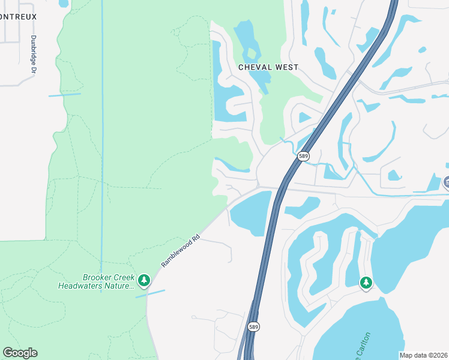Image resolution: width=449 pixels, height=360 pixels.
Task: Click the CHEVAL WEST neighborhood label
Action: [x=268, y=67]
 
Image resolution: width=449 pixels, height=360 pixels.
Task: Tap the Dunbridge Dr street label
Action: [x=34, y=54]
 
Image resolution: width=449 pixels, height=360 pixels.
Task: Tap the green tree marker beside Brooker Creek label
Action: [x=143, y=280]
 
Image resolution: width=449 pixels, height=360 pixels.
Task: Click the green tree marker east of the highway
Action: [x=366, y=282]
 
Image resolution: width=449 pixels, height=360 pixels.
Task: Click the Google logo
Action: [x=20, y=352]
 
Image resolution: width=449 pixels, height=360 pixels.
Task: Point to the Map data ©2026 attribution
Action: [x=424, y=355]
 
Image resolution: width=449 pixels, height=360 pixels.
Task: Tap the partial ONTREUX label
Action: [x=18, y=17]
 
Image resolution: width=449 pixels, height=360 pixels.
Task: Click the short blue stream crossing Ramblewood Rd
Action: [x=151, y=293]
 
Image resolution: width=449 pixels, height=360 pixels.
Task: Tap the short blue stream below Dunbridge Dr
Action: [x=64, y=95]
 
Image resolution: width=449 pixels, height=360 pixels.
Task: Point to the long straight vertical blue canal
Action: [x=102, y=150]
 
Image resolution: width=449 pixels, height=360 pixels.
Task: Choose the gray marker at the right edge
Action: [x=447, y=182]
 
